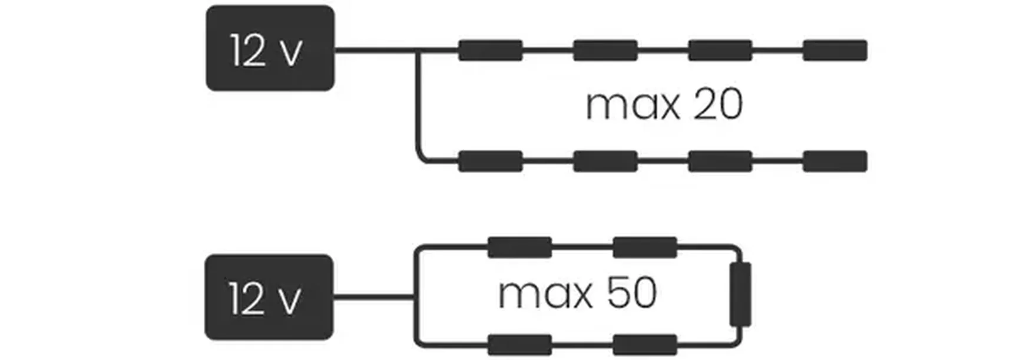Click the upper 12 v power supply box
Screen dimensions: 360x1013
pyautogui.click(x=270, y=48)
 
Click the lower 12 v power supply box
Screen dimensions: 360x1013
pyautogui.click(x=269, y=297)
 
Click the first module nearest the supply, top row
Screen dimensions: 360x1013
pyautogui.click(x=490, y=51)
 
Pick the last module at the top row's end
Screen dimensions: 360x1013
pyautogui.click(x=835, y=51)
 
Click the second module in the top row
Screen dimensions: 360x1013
pyautogui.click(x=605, y=51)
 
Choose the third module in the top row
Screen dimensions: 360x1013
pyautogui.click(x=720, y=51)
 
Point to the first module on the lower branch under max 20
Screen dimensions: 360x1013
pyautogui.click(x=490, y=161)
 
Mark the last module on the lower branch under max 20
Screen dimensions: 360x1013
pyautogui.click(x=835, y=161)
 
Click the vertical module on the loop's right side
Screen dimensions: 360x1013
pyautogui.click(x=740, y=295)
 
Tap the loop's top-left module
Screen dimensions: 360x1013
pyautogui.click(x=519, y=247)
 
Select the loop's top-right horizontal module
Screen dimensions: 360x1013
pyautogui.click(x=644, y=247)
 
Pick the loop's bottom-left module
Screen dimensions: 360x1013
pyautogui.click(x=519, y=345)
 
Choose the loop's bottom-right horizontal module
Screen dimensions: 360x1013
pyautogui.click(x=644, y=345)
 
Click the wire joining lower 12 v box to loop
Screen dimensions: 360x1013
pyautogui.click(x=375, y=297)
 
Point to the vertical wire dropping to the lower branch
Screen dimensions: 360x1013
pyautogui.click(x=419, y=106)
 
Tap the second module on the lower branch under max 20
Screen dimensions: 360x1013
pyautogui.click(x=605, y=161)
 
